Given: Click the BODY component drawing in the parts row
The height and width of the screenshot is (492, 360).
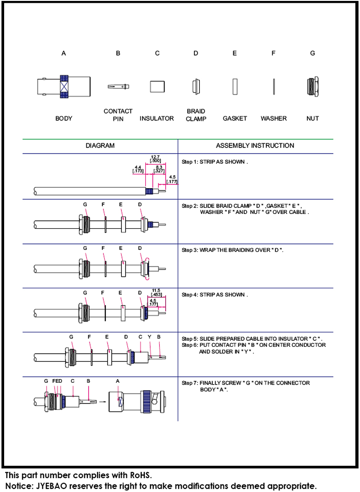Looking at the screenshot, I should pyautogui.click(x=64, y=86).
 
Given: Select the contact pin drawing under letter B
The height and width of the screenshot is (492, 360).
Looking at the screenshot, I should pyautogui.click(x=118, y=86).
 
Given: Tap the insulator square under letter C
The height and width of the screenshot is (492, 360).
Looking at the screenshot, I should pyautogui.click(x=157, y=87).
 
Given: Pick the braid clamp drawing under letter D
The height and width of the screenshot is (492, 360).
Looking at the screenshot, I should pyautogui.click(x=196, y=86).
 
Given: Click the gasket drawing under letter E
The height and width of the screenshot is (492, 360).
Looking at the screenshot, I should pyautogui.click(x=234, y=87).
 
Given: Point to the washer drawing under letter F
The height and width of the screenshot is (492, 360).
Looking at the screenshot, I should pyautogui.click(x=274, y=87).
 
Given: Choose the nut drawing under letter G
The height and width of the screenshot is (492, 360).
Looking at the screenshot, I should pyautogui.click(x=312, y=87).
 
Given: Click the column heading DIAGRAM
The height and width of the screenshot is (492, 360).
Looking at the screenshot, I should pyautogui.click(x=100, y=146).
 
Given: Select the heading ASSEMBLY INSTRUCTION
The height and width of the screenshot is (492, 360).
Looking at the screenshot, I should pyautogui.click(x=255, y=146).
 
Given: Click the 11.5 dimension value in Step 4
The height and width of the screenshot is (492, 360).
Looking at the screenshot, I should pyautogui.click(x=156, y=290).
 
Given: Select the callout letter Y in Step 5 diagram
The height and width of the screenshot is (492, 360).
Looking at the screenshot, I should pyautogui.click(x=149, y=337).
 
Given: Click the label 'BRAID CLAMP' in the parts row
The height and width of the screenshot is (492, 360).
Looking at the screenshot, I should pyautogui.click(x=196, y=115).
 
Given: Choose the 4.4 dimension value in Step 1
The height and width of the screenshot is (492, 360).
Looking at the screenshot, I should pyautogui.click(x=138, y=167).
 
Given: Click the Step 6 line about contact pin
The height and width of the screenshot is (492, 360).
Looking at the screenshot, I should pyautogui.click(x=253, y=345).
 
